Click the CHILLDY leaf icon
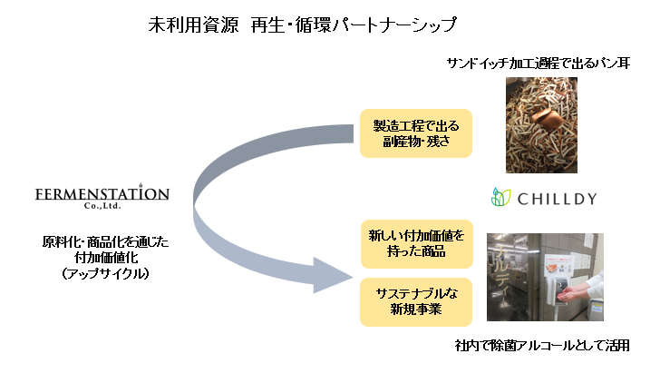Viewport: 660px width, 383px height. pos(501,197)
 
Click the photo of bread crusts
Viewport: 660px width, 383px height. pos(541,124)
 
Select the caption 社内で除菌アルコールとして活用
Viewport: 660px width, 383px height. pos(542,346)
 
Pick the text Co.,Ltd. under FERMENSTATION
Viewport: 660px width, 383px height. pos(102,208)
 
